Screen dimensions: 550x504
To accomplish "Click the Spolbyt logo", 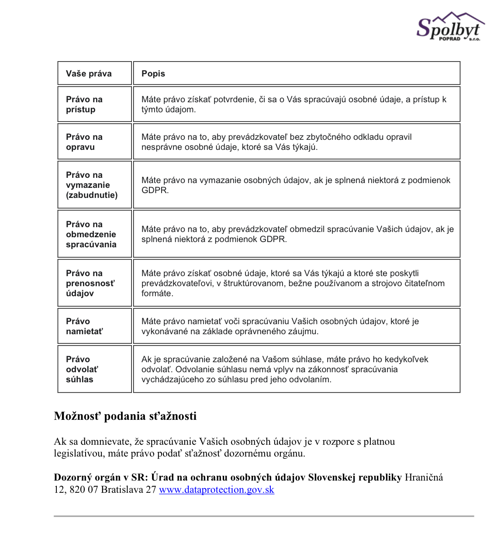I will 450,27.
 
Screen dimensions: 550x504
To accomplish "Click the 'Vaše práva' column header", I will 89,73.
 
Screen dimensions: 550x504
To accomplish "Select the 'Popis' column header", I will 153,73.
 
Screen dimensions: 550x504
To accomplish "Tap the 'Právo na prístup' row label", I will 84,104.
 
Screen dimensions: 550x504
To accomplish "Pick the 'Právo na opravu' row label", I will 84,142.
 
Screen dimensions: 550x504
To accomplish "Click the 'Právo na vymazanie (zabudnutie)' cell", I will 92,185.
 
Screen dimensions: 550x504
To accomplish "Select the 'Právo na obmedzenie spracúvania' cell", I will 91,234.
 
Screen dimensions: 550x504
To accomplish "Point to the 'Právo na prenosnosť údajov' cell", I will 90,283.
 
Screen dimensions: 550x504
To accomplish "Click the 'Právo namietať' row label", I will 84,326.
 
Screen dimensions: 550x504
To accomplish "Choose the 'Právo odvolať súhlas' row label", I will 82,369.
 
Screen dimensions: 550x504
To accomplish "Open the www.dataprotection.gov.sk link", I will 217,490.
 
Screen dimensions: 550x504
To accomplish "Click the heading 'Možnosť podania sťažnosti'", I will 125,416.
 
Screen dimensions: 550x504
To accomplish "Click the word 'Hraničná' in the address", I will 424,477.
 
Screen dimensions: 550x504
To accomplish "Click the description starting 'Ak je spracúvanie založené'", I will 285,369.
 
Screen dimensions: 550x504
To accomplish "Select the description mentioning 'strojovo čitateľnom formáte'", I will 293,283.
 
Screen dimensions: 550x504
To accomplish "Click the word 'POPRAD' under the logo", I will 450,39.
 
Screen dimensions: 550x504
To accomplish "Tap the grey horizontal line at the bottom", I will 264,516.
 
